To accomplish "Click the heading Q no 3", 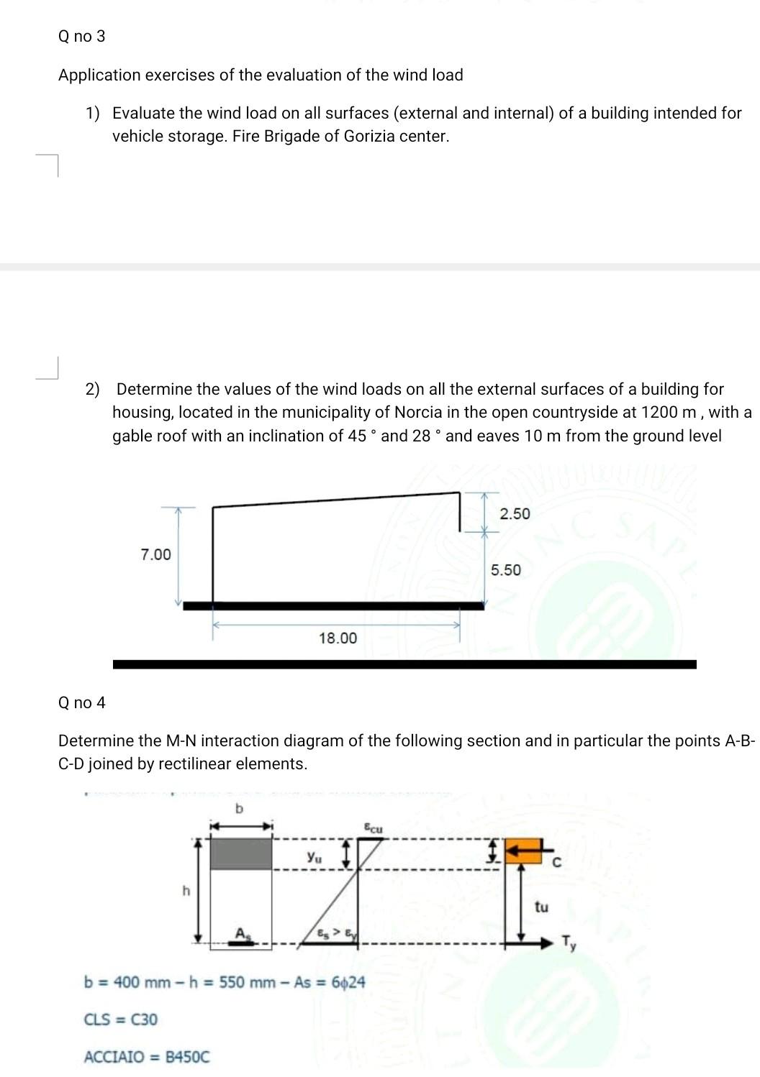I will coord(81,36).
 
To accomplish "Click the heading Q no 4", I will coord(81,702).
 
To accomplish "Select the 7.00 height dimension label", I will coord(155,554).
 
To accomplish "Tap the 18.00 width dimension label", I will coord(338,638).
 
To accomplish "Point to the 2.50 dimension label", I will coord(515,514).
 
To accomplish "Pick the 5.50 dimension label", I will coord(506,570).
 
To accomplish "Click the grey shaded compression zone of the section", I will coord(241,853).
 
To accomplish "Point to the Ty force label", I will coord(569,943).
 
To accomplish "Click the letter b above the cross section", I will coord(240,809).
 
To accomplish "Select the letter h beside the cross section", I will coord(186,892).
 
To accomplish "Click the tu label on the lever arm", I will coord(541,907).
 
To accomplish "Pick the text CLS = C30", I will coord(121,1019).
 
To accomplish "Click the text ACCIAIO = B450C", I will coord(147,1057).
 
